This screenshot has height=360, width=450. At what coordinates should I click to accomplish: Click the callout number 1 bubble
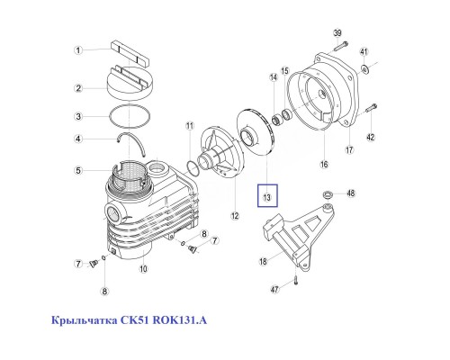78,49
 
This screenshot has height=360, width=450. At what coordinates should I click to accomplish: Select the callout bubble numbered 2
78,87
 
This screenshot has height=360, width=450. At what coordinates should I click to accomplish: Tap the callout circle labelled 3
78,116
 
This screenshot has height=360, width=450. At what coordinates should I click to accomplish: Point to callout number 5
78,170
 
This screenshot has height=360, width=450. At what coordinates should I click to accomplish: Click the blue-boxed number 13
267,195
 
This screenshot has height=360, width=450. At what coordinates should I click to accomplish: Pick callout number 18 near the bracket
264,261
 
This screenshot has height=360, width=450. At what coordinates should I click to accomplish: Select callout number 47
275,289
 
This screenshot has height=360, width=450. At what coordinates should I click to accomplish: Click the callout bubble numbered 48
353,192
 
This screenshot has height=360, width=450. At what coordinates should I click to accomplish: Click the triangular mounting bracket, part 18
297,234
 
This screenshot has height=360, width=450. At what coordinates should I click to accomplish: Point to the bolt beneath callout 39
337,48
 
